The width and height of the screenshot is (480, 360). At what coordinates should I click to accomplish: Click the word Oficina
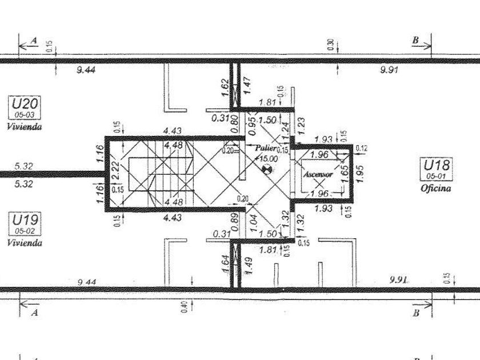point(436,188)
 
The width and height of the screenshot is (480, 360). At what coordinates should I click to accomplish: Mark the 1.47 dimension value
point(247,86)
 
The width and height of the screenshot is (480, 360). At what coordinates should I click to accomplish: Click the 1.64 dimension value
point(225,263)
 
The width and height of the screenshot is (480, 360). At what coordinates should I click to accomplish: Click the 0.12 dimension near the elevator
point(361,149)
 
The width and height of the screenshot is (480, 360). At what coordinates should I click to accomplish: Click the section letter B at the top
point(415,40)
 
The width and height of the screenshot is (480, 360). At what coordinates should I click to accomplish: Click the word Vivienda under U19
point(24,242)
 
